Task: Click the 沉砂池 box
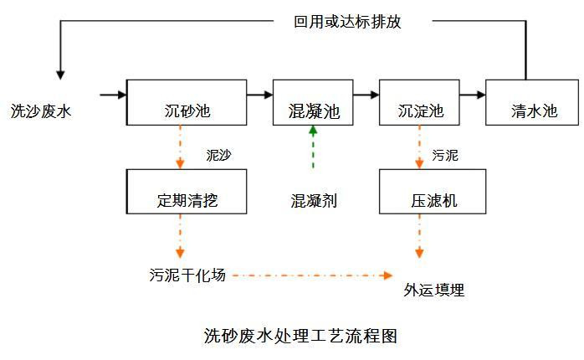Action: (187, 102)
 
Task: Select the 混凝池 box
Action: (313, 102)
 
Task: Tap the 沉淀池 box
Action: (419, 102)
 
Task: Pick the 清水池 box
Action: (532, 102)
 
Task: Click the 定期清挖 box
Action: (187, 192)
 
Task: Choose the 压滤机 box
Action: (433, 192)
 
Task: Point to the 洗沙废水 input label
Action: (41, 111)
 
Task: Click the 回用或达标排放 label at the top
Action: (347, 22)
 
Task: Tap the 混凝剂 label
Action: (314, 201)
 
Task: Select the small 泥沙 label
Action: (218, 155)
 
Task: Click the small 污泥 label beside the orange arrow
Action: (445, 155)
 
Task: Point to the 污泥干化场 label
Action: (187, 275)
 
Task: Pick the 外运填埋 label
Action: (434, 290)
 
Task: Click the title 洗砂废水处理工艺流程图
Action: (300, 336)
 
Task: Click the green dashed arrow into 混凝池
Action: (313, 147)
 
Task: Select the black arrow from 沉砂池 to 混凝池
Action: (259, 95)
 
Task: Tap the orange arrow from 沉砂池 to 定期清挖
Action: (180, 147)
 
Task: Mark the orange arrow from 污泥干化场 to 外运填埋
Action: (312, 275)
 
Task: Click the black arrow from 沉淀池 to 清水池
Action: (473, 95)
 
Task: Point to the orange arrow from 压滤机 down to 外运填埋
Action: (419, 236)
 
